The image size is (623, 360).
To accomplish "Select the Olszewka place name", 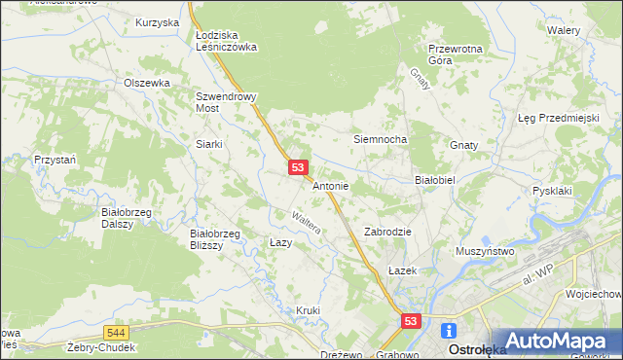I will coord(147,84).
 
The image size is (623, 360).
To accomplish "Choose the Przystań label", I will coord(54,159).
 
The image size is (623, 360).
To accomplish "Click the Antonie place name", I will coord(331,185).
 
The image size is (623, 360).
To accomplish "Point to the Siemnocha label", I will coord(379,139).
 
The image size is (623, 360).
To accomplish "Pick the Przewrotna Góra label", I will coord(454,54).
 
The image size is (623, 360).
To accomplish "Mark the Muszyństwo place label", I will coord(485,251).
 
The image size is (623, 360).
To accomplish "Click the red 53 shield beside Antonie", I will coord(299,168).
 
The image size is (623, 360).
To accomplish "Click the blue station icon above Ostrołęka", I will coord(450,331).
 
